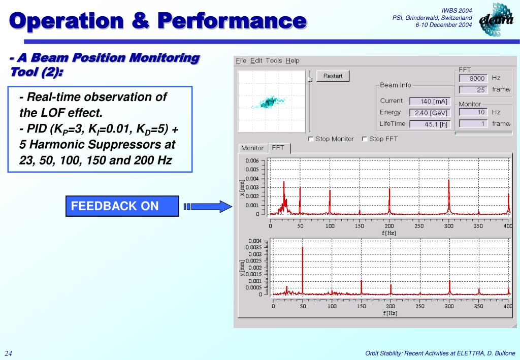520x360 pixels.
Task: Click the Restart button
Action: [333, 76]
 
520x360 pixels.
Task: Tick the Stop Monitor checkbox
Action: [311, 139]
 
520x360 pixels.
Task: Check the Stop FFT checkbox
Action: [365, 139]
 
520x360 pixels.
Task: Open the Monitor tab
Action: [252, 148]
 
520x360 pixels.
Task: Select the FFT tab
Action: [278, 148]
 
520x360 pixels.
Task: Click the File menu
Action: [241, 60]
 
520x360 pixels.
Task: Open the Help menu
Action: [292, 60]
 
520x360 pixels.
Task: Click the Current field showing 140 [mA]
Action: [429, 101]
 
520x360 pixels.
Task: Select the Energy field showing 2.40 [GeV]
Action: [429, 113]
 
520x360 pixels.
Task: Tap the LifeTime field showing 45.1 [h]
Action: [429, 124]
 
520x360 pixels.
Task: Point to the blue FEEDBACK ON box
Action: [122, 206]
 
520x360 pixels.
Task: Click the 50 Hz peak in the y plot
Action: [303, 269]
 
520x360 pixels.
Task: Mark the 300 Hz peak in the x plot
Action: [449, 195]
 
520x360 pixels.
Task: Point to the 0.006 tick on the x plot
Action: [252, 160]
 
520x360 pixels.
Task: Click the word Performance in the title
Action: [231, 21]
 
